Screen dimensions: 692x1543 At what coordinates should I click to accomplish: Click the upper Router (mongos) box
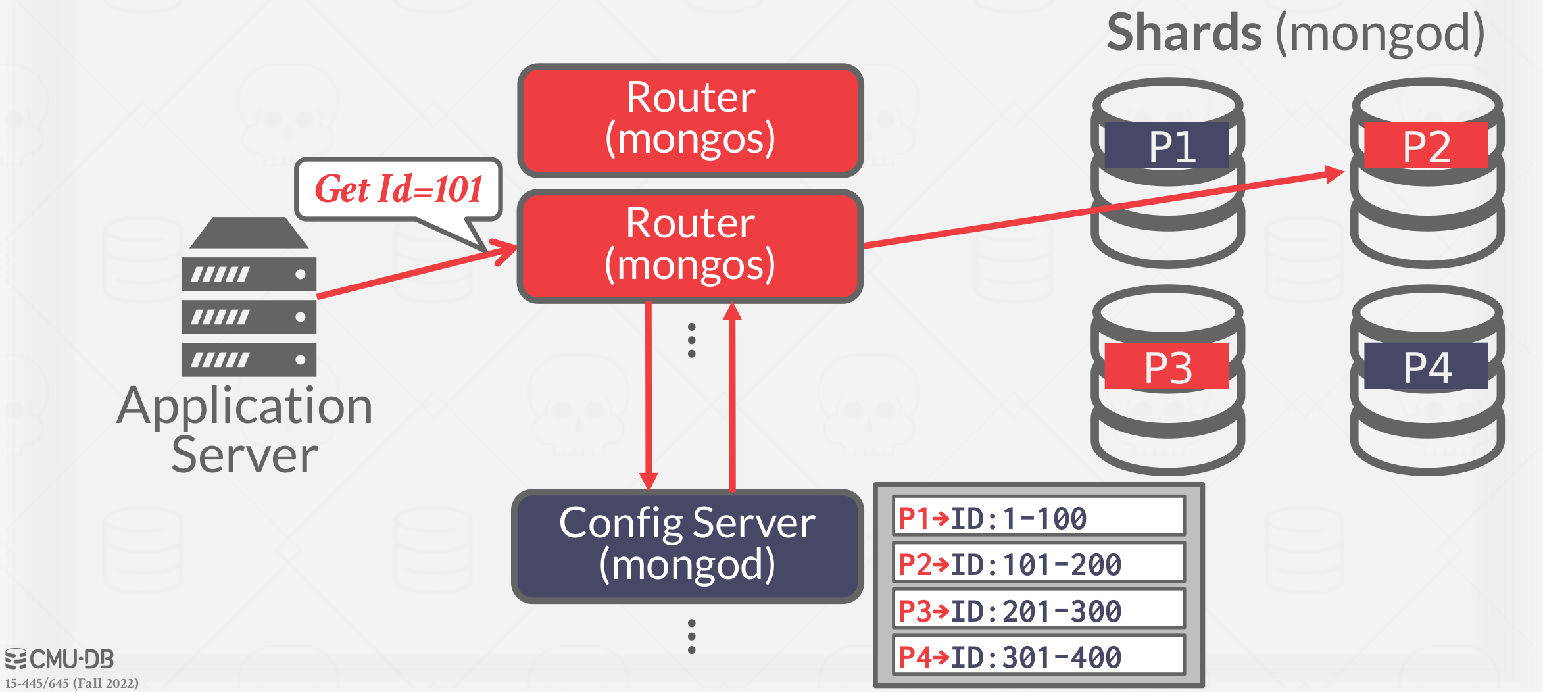click(691, 120)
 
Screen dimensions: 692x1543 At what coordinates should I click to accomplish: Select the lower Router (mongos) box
click(691, 245)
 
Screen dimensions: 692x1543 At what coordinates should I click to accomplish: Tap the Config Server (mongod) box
click(687, 545)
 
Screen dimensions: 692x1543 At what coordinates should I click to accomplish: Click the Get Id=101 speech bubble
click(399, 189)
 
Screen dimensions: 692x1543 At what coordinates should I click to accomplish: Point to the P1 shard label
click(1167, 145)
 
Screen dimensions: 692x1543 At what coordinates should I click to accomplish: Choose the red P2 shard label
click(1426, 145)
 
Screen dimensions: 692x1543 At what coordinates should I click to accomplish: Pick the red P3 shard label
click(1167, 366)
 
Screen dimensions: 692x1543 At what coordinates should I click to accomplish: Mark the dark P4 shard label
click(1426, 366)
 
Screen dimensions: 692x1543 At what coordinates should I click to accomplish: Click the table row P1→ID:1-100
click(1039, 517)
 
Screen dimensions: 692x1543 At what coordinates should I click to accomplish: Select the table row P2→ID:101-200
click(1039, 563)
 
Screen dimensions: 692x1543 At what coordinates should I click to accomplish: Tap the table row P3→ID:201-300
click(1039, 610)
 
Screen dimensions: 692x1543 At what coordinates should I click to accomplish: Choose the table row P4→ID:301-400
click(1039, 656)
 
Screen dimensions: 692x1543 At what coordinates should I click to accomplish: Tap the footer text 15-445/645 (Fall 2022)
click(72, 683)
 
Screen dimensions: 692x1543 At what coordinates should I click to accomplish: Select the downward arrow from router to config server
click(649, 395)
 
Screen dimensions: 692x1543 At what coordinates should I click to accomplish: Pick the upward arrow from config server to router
click(732, 395)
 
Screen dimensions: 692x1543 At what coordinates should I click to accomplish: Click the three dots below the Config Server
click(691, 636)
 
